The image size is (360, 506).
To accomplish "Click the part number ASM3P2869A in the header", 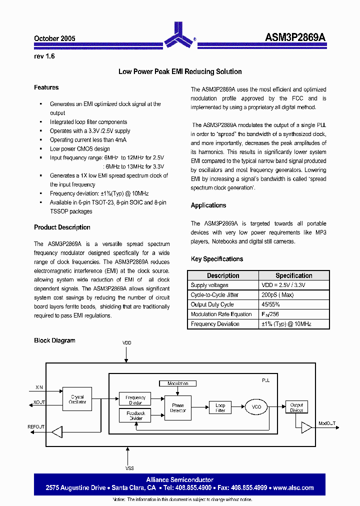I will [295, 38].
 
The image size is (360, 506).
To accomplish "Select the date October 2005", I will [54, 38].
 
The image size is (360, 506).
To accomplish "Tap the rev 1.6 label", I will [44, 56].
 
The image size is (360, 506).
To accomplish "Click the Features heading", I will [46, 87].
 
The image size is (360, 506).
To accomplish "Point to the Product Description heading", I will [62, 227].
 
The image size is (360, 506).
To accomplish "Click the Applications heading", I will [208, 205].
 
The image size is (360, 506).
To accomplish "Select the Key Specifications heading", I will [217, 259].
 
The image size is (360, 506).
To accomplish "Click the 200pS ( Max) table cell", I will [278, 295].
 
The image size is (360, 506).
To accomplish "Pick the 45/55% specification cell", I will [270, 304].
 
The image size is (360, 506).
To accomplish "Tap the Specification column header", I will [293, 275].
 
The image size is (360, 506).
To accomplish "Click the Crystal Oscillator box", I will [77, 399].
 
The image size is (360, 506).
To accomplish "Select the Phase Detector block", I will [178, 407].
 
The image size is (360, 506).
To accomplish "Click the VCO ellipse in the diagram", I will [256, 406].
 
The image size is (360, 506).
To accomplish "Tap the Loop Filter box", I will [220, 407].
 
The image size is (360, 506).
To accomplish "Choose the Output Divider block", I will [296, 407].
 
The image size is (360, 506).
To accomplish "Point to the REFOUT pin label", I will [36, 426].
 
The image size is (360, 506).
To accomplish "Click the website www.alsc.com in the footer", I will [293, 487].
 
